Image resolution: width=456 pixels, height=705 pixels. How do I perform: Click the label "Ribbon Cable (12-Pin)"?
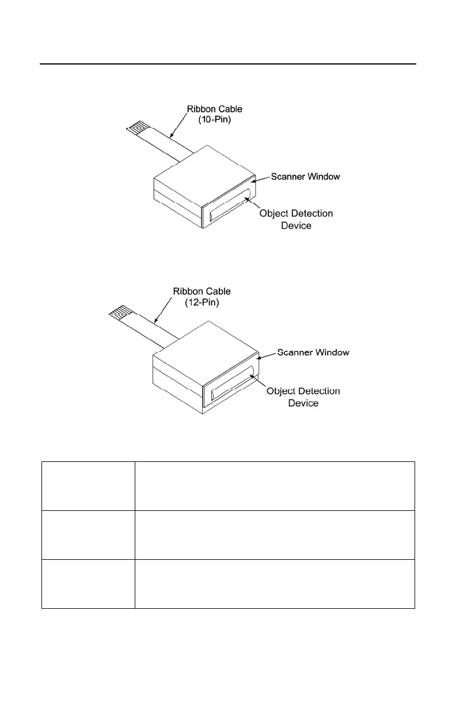(x=202, y=297)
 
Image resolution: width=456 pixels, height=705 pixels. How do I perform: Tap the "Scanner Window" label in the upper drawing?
(x=305, y=176)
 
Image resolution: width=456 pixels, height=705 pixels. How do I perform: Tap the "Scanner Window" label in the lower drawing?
(x=313, y=352)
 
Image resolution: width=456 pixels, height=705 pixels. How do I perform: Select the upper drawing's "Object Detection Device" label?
(x=296, y=219)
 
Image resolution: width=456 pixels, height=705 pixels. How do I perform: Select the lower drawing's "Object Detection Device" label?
(x=303, y=397)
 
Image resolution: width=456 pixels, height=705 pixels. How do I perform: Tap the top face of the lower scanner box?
(x=205, y=344)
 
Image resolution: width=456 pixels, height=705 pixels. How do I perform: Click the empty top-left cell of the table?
(x=88, y=486)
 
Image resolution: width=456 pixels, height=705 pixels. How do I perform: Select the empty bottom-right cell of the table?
(x=275, y=583)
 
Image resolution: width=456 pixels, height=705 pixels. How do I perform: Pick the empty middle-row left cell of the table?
(x=88, y=535)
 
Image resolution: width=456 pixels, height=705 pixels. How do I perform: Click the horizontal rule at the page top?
(x=228, y=64)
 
